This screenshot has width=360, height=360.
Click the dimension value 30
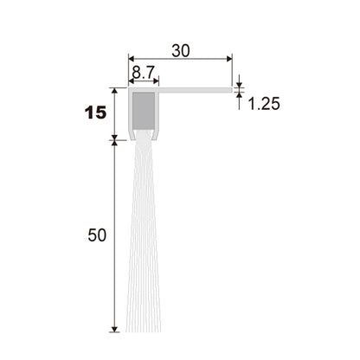coord(181,51)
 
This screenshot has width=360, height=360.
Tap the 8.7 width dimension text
coord(144,73)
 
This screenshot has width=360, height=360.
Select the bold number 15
coord(96,112)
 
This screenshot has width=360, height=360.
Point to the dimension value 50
coord(97,235)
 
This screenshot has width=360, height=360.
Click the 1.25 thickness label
coord(264,104)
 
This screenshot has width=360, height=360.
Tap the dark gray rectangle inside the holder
coord(144,111)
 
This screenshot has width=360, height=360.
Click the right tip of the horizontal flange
coord(232,90)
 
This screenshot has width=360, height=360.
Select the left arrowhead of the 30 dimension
coord(132,59)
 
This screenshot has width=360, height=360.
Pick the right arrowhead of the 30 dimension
coord(229,59)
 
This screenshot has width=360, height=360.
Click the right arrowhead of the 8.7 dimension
coord(156,80)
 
